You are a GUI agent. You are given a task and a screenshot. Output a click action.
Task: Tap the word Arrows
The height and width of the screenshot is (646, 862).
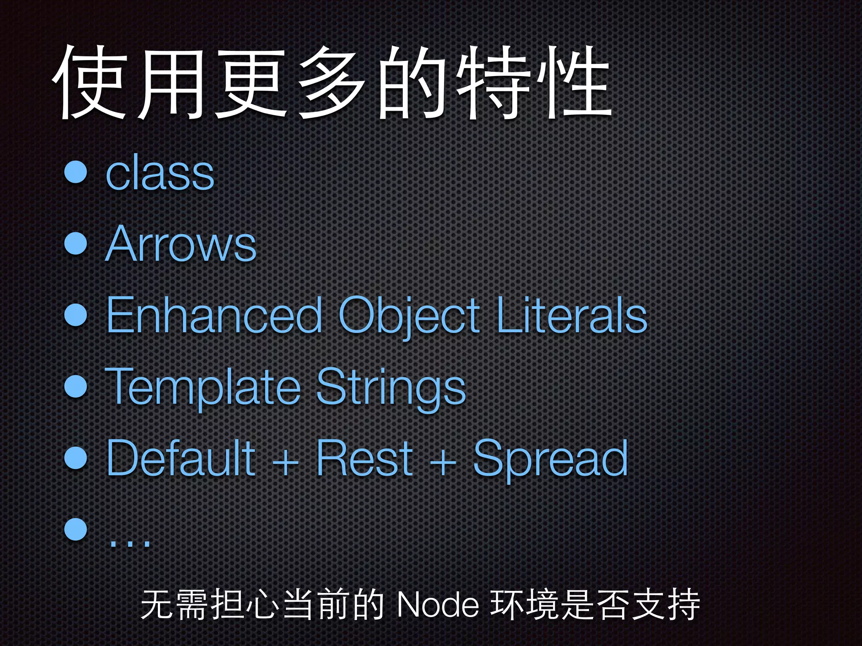[x=181, y=244]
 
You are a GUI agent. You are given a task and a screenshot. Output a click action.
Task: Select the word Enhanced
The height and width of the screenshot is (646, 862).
[x=214, y=315]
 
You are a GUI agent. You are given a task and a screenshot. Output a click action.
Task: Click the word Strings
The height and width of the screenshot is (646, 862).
[x=391, y=387]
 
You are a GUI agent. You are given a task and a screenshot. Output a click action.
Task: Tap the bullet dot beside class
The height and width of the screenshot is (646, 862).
[x=76, y=172]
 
